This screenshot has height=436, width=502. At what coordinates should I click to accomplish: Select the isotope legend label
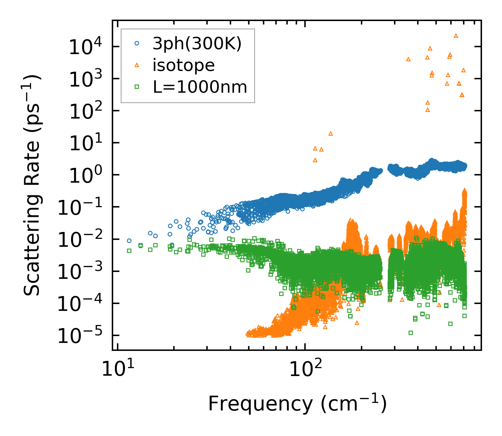point(184,65)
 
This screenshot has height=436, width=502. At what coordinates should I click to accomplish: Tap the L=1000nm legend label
point(200,87)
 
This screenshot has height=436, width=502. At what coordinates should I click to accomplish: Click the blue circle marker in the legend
point(137,43)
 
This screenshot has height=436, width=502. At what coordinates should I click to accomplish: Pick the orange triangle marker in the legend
point(137,65)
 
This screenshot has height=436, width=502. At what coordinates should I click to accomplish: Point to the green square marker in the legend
point(137,87)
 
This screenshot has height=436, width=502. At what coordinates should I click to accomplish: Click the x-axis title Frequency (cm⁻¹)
point(297,404)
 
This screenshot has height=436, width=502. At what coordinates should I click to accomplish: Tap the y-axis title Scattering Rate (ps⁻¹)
point(32,185)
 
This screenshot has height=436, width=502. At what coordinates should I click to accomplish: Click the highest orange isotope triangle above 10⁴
point(456,36)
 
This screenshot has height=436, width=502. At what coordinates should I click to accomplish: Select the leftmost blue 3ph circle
point(129,241)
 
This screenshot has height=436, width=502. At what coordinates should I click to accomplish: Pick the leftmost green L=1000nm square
point(129,251)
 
